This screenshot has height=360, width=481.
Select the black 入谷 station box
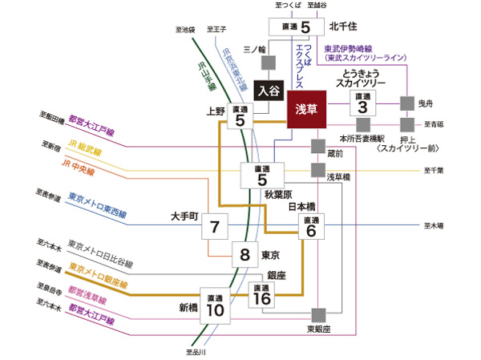(x=269, y=90)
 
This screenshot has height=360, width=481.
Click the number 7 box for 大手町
(x=214, y=226)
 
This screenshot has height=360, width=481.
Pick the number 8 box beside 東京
(x=244, y=256)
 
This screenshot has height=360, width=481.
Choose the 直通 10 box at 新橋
(x=213, y=304)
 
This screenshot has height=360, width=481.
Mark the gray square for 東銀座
(x=318, y=313)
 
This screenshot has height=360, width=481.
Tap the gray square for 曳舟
(x=407, y=103)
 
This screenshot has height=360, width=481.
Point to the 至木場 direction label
(x=433, y=226)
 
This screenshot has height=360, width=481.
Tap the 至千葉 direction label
(x=434, y=170)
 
